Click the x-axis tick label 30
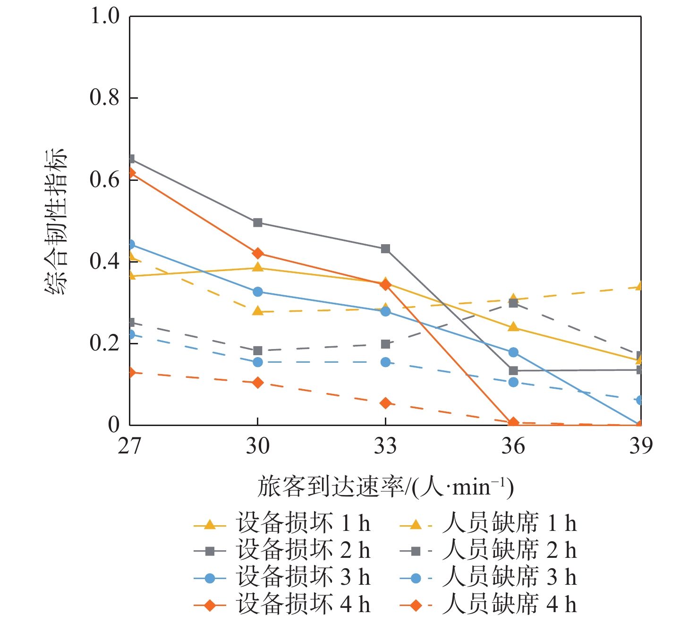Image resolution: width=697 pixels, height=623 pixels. (257, 446)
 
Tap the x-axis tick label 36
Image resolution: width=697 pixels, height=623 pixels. (513, 446)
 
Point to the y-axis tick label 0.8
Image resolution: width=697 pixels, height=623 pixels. (104, 98)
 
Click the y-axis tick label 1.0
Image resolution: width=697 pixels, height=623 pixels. (104, 17)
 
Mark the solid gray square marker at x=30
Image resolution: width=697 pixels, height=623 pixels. (257, 222)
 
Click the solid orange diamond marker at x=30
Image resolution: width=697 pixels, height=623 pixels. (257, 254)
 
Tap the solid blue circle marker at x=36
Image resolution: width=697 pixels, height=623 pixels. (513, 352)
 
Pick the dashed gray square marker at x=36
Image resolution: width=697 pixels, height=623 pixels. (513, 303)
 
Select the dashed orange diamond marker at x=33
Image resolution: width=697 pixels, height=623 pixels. (385, 403)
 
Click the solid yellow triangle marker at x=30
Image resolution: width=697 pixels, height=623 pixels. (257, 268)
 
